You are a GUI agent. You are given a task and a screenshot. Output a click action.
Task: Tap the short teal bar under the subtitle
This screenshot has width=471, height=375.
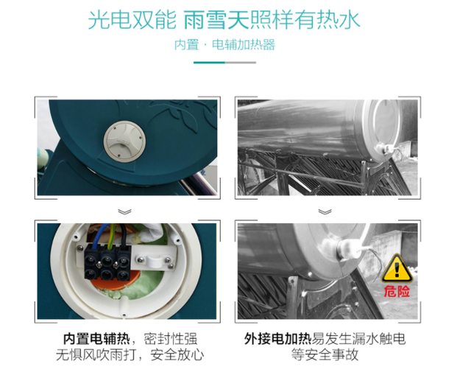(235, 63)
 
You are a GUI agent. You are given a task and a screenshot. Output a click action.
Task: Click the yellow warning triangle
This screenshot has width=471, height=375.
(400, 266)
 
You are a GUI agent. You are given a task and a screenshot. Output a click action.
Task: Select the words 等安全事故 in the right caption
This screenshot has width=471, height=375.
(325, 355)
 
